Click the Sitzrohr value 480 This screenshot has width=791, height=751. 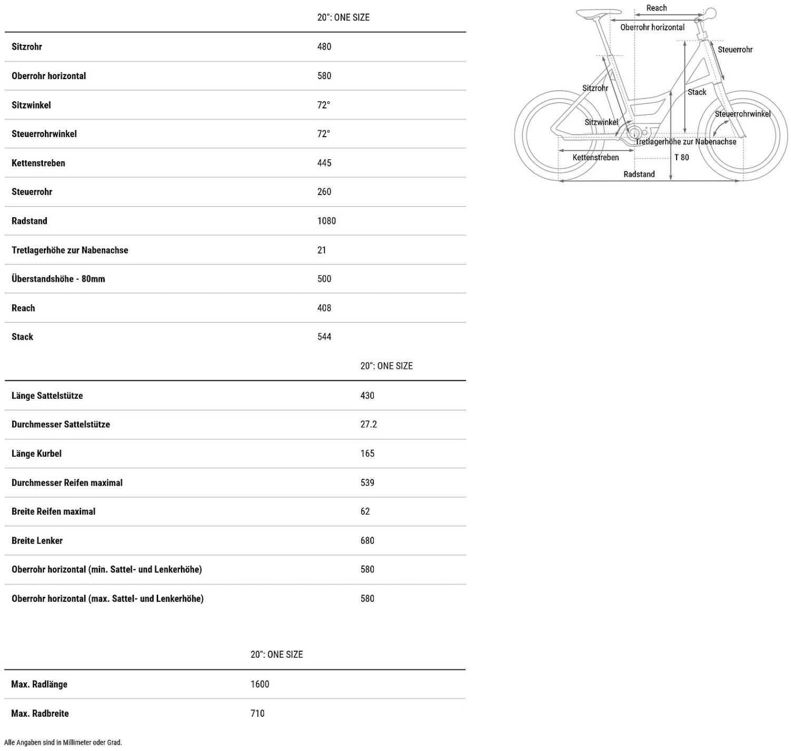[324, 47]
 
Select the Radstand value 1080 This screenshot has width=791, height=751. [326, 221]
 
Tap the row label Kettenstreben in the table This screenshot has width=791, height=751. [38, 163]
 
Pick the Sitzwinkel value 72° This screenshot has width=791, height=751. [323, 105]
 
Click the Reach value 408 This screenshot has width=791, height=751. [324, 308]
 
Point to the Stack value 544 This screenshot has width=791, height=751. [324, 337]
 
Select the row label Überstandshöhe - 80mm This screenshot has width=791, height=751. [59, 279]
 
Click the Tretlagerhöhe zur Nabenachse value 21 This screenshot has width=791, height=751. [322, 250]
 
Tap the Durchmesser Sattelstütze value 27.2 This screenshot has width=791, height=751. [369, 424]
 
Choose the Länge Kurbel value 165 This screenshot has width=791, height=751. [368, 454]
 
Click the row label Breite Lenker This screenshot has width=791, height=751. [37, 541]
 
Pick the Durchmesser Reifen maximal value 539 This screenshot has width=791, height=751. [368, 483]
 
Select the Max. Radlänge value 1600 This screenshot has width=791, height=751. [260, 684]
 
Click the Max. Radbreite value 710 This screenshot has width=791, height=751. [257, 713]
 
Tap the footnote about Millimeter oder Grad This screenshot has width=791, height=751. [63, 743]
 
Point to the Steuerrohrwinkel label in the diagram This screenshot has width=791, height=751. [742, 114]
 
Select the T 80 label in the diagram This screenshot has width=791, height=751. [681, 157]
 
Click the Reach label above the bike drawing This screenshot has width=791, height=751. [657, 8]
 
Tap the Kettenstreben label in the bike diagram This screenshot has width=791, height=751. [595, 157]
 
